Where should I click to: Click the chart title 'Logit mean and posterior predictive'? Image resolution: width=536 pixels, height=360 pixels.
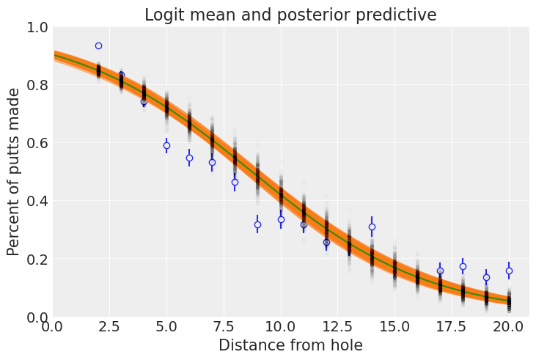pyautogui.click(x=290, y=15)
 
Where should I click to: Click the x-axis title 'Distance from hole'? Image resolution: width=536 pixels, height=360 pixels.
pyautogui.click(x=290, y=345)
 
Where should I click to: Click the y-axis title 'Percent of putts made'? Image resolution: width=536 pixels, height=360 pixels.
pyautogui.click(x=14, y=172)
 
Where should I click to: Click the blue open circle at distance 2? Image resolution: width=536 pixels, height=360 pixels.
pyautogui.click(x=98, y=45)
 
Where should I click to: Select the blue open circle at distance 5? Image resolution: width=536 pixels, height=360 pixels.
pyautogui.click(x=166, y=145)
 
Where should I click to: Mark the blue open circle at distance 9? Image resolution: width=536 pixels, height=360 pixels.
pyautogui.click(x=257, y=224)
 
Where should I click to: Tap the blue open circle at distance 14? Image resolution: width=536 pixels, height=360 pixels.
pyautogui.click(x=372, y=227)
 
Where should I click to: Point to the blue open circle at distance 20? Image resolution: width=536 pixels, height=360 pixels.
pyautogui.click(x=509, y=271)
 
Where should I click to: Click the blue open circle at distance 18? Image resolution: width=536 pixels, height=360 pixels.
pyautogui.click(x=463, y=266)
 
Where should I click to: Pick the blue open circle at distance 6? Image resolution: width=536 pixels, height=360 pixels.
pyautogui.click(x=189, y=158)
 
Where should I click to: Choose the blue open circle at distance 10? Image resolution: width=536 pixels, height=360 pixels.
pyautogui.click(x=281, y=219)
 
